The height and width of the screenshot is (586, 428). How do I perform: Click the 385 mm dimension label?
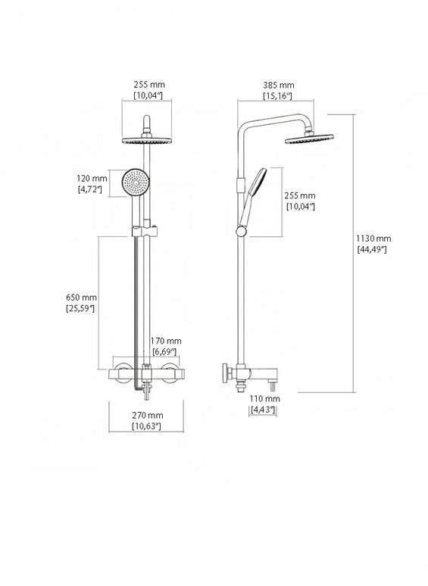click(x=279, y=86)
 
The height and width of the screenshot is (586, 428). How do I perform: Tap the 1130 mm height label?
click(x=373, y=238)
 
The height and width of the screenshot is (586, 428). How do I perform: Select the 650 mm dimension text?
click(x=81, y=298)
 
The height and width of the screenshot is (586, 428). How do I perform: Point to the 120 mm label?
click(x=92, y=179)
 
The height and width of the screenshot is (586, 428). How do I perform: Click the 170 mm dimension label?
click(x=166, y=341)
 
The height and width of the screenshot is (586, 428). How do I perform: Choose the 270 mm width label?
click(x=148, y=415)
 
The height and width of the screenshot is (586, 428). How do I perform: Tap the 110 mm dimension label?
click(x=264, y=399)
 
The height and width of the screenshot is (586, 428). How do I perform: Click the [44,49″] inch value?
click(x=372, y=249)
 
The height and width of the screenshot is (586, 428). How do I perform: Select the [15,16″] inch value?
click(x=277, y=96)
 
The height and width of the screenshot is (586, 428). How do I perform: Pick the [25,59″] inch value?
click(x=80, y=308)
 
